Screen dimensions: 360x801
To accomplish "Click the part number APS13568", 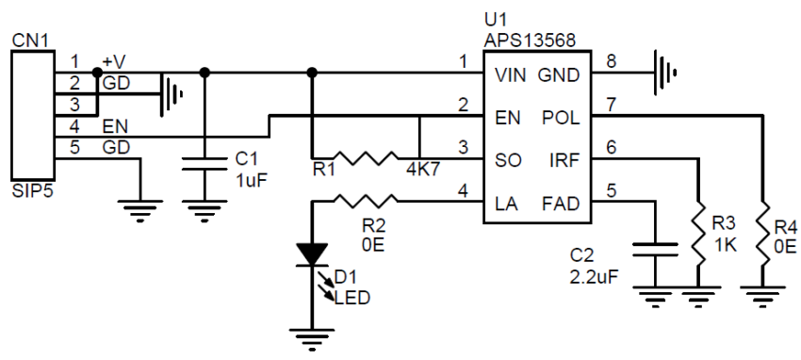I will pyautogui.click(x=530, y=41).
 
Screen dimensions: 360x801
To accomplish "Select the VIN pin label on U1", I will pyautogui.click(x=510, y=74).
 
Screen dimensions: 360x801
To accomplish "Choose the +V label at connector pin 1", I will pyautogui.click(x=114, y=61).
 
